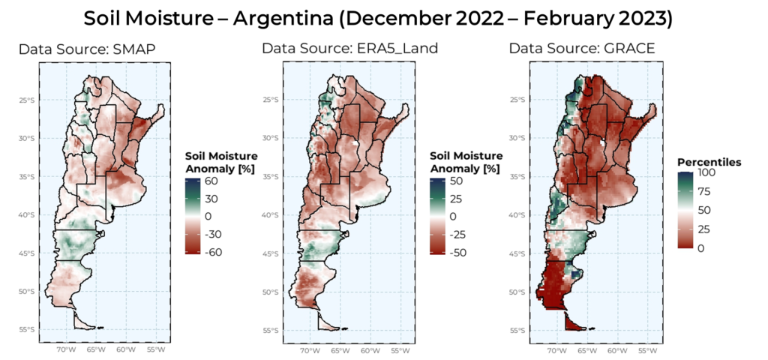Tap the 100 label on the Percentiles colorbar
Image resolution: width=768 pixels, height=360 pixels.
click(709, 172)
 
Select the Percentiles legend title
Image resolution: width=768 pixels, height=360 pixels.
click(709, 162)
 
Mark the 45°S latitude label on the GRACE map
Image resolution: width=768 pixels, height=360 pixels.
click(517, 253)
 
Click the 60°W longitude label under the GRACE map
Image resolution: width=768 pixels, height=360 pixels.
click(616, 350)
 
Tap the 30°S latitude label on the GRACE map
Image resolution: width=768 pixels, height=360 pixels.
click(517, 139)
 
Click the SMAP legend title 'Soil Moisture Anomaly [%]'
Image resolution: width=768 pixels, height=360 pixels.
click(221, 162)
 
